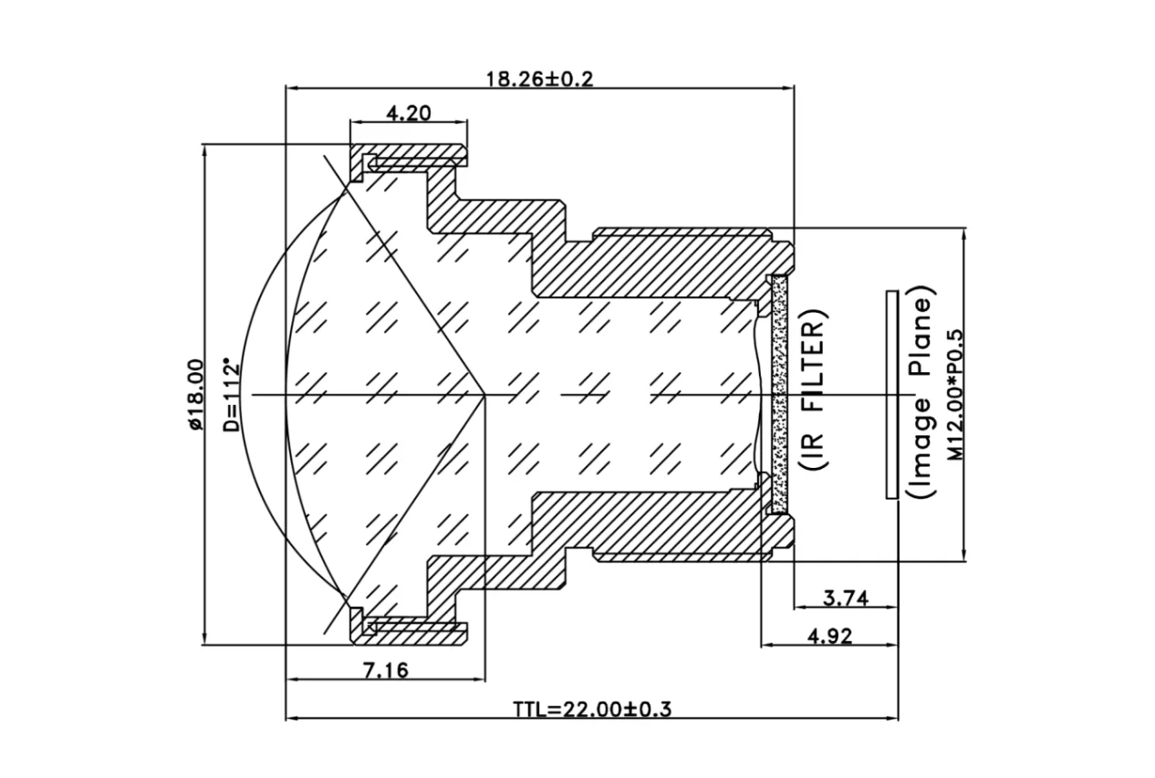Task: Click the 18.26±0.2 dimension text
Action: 539,78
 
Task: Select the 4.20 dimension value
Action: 410,113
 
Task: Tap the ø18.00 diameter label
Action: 192,394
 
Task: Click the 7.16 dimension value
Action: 386,671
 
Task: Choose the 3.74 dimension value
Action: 845,598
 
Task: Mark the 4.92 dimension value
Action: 830,637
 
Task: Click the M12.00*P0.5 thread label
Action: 954,394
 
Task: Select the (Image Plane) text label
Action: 920,394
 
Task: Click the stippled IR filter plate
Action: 779,394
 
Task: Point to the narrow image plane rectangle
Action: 891,394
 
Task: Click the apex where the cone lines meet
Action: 484,394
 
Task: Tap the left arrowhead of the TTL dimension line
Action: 291,719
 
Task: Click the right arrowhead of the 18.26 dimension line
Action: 789,88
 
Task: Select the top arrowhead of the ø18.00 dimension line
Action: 203,148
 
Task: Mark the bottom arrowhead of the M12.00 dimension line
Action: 964,558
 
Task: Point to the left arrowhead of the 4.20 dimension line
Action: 356,123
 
